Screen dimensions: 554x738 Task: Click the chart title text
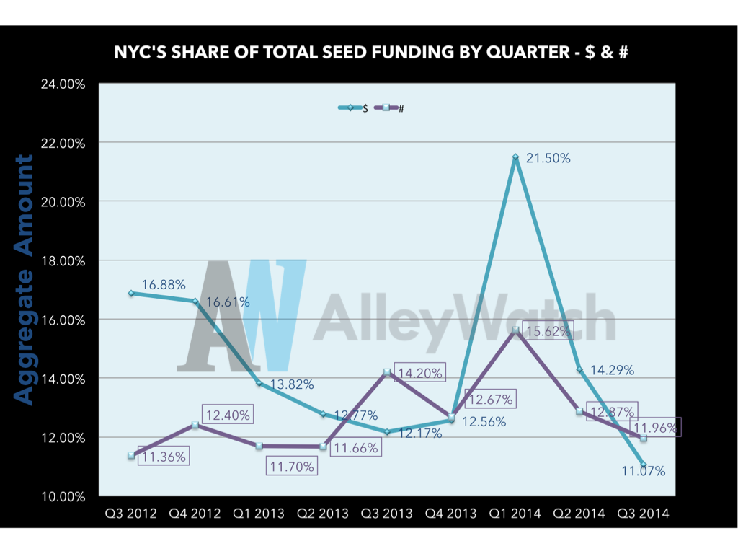(x=368, y=53)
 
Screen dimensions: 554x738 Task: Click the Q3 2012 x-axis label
(x=130, y=514)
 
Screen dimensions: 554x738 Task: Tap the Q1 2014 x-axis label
(x=515, y=514)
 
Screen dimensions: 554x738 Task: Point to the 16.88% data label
(x=164, y=286)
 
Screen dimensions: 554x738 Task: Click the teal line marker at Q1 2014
(x=515, y=157)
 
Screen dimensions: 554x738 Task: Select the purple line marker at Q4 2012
(x=195, y=425)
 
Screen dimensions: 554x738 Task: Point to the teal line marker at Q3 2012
(x=130, y=293)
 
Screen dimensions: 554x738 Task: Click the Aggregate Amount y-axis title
(x=25, y=280)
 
